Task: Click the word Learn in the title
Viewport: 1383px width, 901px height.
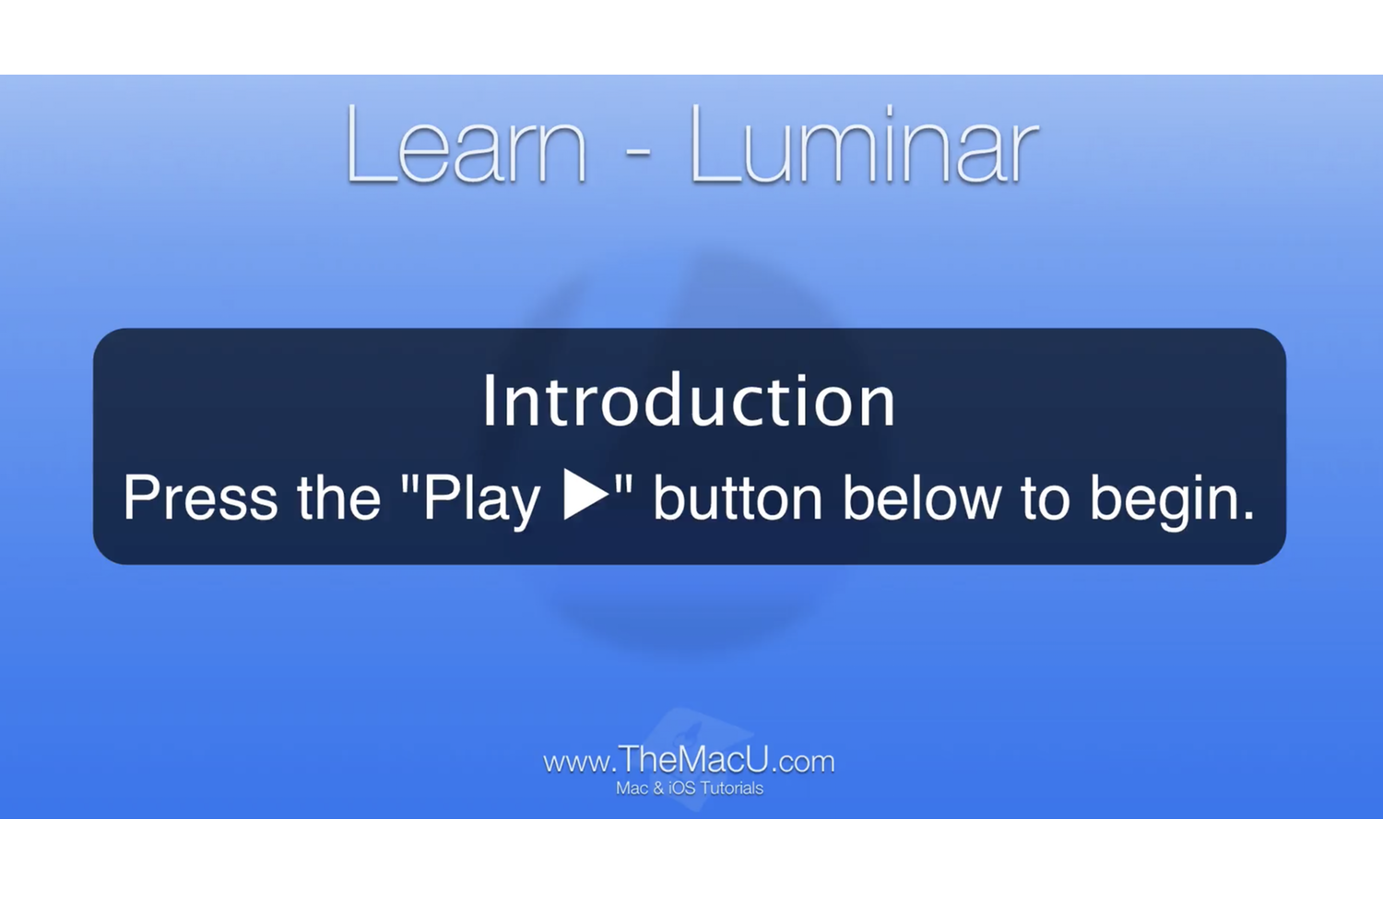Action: point(466,146)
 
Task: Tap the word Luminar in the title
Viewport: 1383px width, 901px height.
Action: point(863,146)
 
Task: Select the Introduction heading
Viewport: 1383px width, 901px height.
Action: point(689,401)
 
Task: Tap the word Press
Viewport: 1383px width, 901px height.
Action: point(200,497)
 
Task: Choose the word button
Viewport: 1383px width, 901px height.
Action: point(738,497)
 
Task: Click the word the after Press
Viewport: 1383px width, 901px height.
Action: point(338,497)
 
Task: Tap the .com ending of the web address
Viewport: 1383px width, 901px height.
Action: point(802,762)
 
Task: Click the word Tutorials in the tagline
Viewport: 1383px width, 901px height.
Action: point(732,789)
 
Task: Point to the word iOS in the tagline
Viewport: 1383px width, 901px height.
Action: point(682,789)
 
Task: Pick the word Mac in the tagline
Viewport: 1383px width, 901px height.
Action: point(632,789)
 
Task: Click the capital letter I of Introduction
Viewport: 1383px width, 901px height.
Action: point(490,401)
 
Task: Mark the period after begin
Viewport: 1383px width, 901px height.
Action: point(1249,516)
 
